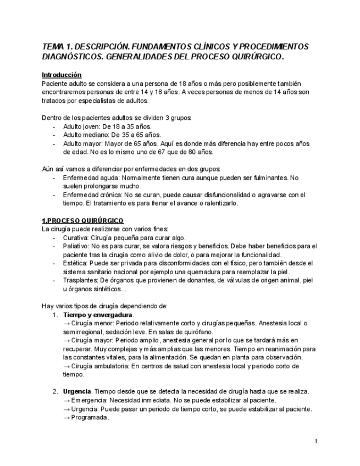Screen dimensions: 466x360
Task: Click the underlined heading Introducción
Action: coord(62,75)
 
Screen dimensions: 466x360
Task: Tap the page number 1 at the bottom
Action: coord(317,441)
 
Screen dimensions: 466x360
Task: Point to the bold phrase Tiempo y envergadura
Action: coord(98,315)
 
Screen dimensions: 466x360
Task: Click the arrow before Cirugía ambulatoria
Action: coord(67,366)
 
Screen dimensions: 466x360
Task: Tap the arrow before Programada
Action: coord(67,417)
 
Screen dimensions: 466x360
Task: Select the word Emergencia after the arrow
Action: coord(90,400)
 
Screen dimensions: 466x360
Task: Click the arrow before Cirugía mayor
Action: coord(67,340)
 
